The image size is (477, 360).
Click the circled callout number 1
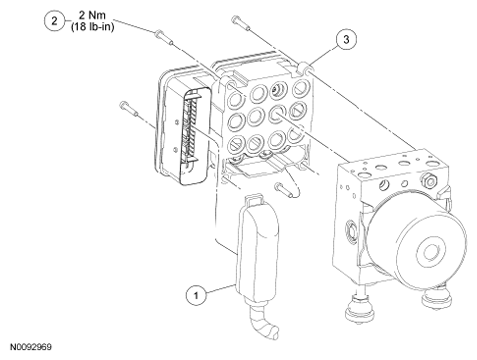[196, 295]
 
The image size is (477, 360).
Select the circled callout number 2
[54, 21]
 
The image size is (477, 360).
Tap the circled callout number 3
[346, 39]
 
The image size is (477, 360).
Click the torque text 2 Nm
[92, 15]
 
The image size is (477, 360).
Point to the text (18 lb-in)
[92, 26]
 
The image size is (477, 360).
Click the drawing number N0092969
[31, 347]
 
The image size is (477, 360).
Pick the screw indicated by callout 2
[164, 37]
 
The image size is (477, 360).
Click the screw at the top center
[242, 24]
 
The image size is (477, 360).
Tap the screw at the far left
[129, 109]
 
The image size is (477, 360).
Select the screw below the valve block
[284, 189]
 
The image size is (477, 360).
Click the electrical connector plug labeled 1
[257, 248]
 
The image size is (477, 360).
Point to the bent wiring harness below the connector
[263, 322]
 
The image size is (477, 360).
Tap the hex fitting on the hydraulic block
[430, 181]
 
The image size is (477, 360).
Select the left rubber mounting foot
[360, 309]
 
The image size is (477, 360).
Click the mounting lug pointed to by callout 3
[305, 69]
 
